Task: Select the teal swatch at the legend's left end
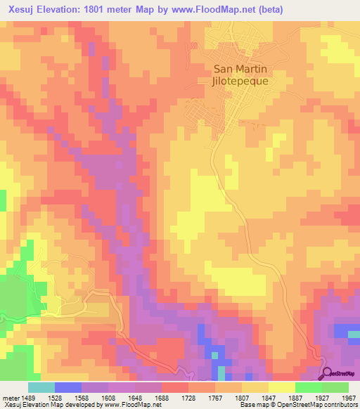tap(41, 387)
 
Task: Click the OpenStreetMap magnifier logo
tap(327, 373)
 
